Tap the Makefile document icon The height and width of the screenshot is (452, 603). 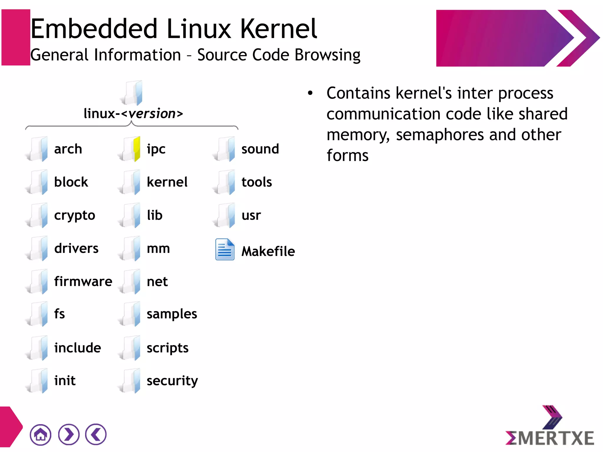coord(225,249)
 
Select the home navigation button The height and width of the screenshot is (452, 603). coord(40,435)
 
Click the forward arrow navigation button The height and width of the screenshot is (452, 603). coord(69,435)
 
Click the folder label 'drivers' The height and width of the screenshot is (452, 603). coord(76,249)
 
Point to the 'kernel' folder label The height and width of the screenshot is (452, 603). coord(167,182)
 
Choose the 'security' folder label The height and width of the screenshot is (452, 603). coord(172,381)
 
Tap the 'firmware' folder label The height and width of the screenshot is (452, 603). coord(83,282)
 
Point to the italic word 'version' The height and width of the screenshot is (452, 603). coord(152,114)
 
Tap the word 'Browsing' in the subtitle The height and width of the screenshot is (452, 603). coord(327,55)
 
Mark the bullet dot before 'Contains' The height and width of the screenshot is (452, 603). coord(310,93)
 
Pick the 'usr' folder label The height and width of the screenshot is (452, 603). coord(251,216)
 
